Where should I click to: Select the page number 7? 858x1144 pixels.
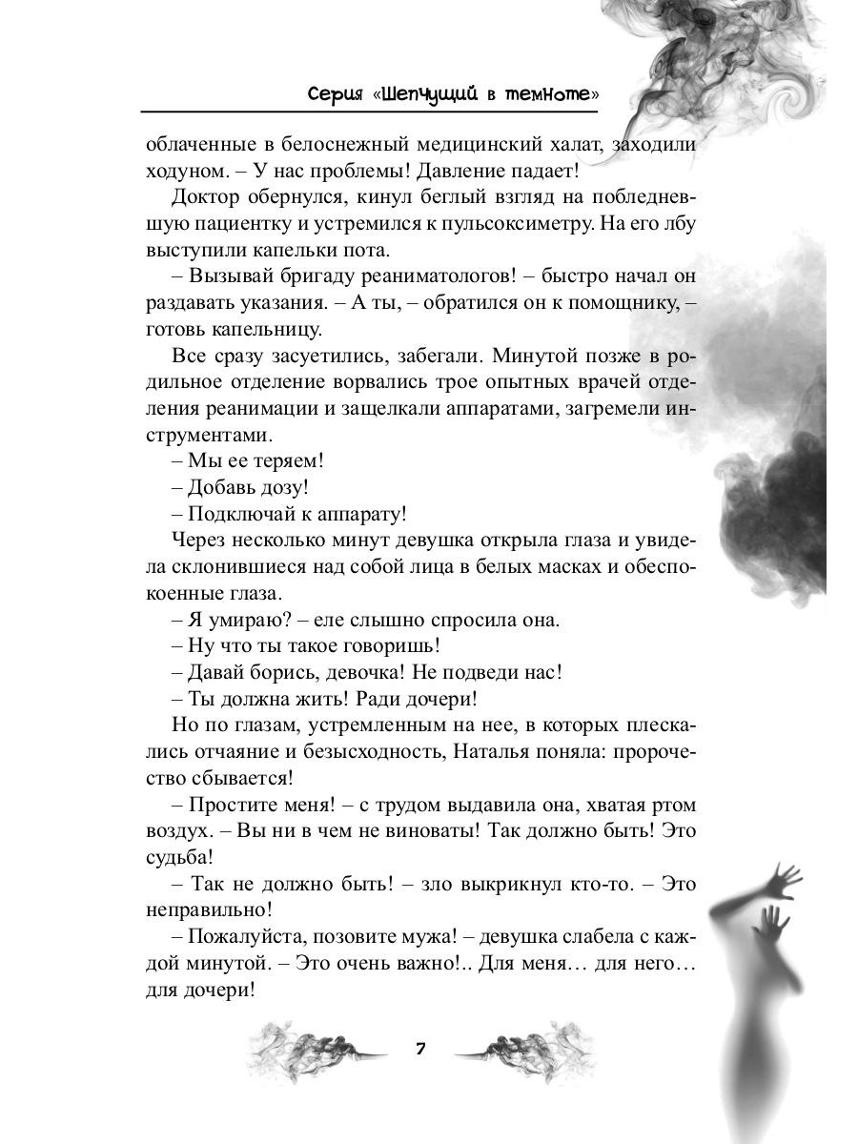(x=419, y=1049)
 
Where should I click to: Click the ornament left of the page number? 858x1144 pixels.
(x=315, y=1052)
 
